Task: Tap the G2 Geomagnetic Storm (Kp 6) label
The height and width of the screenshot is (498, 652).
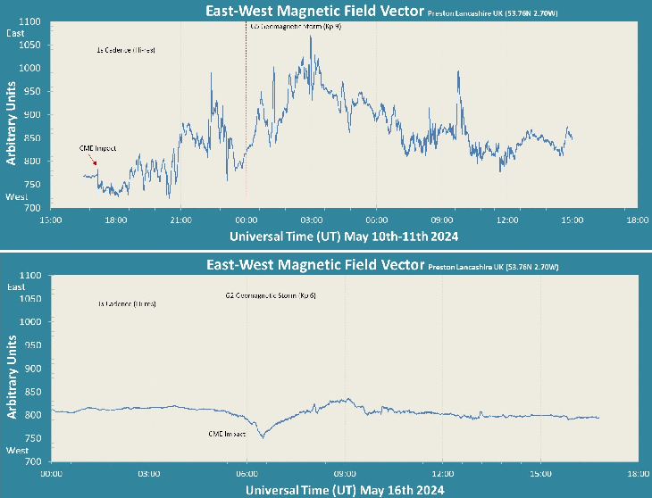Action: [x=272, y=295]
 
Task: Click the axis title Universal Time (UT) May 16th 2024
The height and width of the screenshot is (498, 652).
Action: [x=344, y=490]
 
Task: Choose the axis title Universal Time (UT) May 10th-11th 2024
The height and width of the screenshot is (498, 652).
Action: [x=344, y=237]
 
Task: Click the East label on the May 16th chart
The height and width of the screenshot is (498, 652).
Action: [x=16, y=287]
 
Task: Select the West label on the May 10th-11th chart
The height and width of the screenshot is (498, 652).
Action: [x=17, y=196]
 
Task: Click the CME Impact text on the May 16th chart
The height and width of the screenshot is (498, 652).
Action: [x=227, y=434]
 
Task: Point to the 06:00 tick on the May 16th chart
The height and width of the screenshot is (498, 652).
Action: [x=247, y=473]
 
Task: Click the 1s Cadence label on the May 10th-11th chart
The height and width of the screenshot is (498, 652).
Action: [x=126, y=50]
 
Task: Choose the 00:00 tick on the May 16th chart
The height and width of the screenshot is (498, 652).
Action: [x=52, y=473]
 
